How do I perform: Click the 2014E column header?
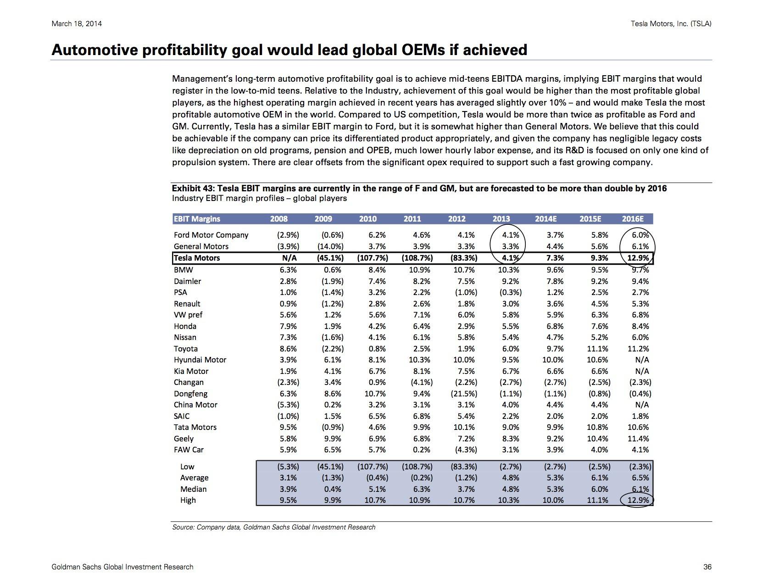coord(545,219)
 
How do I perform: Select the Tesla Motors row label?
coord(197,258)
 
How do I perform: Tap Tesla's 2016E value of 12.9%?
coord(638,258)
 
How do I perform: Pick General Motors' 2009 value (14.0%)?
coord(330,246)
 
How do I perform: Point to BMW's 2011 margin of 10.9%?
coord(419,270)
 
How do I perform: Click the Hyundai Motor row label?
coord(200,360)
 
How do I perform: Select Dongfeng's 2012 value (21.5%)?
coord(463,394)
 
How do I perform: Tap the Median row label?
coord(193,489)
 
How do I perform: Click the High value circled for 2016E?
coord(638,500)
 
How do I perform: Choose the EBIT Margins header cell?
coord(197,219)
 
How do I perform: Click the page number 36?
coord(707,567)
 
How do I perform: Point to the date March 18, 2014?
coord(77,24)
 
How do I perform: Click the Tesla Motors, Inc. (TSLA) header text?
coord(671,24)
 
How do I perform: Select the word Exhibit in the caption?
coord(186,189)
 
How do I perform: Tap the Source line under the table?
coord(274,527)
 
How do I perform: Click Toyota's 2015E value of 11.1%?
coord(597,349)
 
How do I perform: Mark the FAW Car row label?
coord(189,450)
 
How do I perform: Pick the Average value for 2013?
coord(510,478)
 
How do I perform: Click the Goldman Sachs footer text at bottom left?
coord(122,567)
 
